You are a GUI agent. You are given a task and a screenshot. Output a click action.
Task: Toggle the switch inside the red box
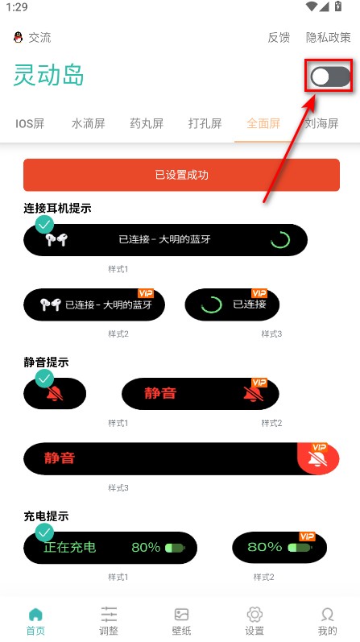tap(330, 77)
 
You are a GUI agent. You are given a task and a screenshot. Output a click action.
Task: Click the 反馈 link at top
tap(279, 37)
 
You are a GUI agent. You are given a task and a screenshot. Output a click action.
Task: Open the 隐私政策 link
tap(329, 37)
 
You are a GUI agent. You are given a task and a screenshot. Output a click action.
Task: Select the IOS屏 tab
tap(30, 123)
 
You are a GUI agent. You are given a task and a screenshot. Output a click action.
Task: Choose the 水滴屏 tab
tap(88, 123)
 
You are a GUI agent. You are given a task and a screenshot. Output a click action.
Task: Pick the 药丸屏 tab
tap(147, 123)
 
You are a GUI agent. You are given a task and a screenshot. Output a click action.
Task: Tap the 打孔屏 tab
tap(205, 123)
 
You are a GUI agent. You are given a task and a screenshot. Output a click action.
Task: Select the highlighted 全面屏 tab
tap(263, 123)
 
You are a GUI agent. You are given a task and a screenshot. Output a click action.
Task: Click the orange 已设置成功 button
tap(181, 175)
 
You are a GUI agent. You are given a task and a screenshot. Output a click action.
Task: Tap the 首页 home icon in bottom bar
tap(35, 620)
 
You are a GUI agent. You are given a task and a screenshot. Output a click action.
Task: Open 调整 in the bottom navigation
tap(109, 620)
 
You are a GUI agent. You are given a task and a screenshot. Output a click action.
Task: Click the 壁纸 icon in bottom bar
tap(182, 620)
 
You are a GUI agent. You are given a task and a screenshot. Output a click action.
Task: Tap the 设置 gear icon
tap(254, 620)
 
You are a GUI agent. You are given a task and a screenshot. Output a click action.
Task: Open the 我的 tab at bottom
tap(327, 620)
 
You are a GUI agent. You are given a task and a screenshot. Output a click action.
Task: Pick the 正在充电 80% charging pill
tap(110, 548)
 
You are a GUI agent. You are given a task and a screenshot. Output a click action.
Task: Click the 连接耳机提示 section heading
tap(57, 208)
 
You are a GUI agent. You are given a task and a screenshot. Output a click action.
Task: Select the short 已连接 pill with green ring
tap(232, 304)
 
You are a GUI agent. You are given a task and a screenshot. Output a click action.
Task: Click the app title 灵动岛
tap(49, 76)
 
